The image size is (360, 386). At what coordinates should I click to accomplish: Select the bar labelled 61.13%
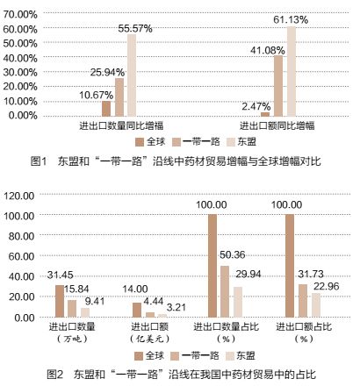[x=291, y=70]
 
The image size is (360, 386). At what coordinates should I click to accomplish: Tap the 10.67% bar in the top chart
[x=106, y=108]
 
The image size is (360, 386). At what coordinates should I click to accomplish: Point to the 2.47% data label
[x=255, y=105]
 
